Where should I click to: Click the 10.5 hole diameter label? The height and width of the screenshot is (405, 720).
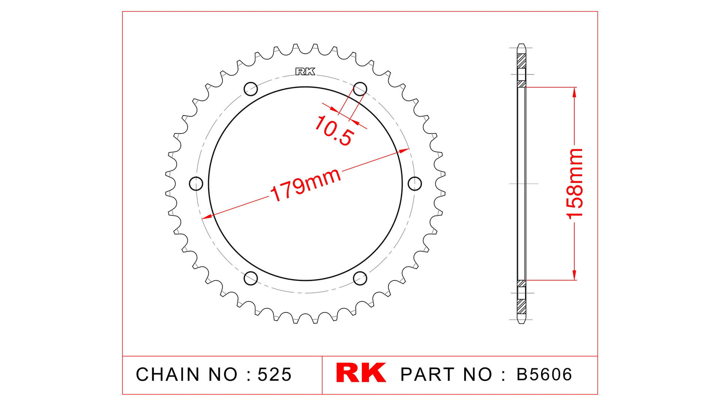334,131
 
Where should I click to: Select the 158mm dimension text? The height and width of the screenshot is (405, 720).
574,183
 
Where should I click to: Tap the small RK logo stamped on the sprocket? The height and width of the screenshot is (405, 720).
305,72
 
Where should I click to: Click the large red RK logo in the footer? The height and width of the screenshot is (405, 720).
361,373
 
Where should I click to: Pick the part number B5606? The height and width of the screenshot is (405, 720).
544,374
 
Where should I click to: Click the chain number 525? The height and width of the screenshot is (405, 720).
274,374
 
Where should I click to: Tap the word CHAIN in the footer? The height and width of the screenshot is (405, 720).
168,374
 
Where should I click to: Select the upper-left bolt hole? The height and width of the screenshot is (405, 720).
251,89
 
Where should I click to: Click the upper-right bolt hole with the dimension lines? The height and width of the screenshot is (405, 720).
360,89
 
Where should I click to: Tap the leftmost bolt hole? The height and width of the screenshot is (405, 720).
196,184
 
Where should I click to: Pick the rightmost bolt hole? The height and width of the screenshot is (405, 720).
415,184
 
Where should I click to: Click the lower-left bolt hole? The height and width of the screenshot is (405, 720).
251,278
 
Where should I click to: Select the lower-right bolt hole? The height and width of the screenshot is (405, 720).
360,278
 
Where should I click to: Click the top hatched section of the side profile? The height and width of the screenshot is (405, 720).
521,61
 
